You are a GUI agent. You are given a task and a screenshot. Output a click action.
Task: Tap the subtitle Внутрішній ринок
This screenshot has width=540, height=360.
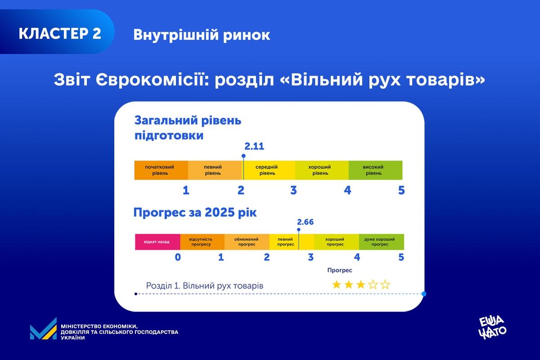tap(202, 35)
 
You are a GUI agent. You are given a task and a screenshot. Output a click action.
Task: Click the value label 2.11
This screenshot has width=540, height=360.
tap(254, 147)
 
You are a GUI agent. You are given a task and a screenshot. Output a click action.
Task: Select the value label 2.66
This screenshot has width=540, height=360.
tap(305, 222)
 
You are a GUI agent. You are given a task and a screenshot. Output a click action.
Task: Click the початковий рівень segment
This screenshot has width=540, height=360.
tap(161, 170)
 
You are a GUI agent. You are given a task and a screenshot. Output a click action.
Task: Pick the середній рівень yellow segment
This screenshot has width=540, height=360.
tap(269, 170)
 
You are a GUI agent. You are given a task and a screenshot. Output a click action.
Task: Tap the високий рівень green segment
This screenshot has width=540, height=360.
tap(375, 170)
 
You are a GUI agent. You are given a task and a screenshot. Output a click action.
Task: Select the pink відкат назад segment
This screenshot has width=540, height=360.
tap(157, 242)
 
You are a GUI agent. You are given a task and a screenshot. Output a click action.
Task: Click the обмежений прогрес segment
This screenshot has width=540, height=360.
tap(247, 242)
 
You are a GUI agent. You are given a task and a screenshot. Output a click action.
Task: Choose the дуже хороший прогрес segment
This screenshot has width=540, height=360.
tap(381, 242)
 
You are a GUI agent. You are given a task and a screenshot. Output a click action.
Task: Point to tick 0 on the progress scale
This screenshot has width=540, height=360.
tap(178, 257)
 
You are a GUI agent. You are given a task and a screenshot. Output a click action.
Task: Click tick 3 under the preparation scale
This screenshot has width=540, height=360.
tap(293, 190)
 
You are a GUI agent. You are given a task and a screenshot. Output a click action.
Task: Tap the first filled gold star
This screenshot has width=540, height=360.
tap(336, 284)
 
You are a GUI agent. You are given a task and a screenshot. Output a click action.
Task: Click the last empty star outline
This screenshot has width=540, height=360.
tap(385, 284)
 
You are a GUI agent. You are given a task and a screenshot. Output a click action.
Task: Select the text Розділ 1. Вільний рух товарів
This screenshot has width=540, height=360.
tap(205, 286)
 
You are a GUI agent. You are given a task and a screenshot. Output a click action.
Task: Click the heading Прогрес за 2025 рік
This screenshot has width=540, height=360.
tap(195, 212)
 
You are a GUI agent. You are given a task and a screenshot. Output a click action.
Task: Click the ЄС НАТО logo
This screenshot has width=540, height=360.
tap(493, 327)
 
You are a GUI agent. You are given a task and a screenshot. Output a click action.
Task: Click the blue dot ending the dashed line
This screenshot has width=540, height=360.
tap(423, 294)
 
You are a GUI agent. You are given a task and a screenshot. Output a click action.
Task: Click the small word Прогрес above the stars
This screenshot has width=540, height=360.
tap(339, 270)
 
